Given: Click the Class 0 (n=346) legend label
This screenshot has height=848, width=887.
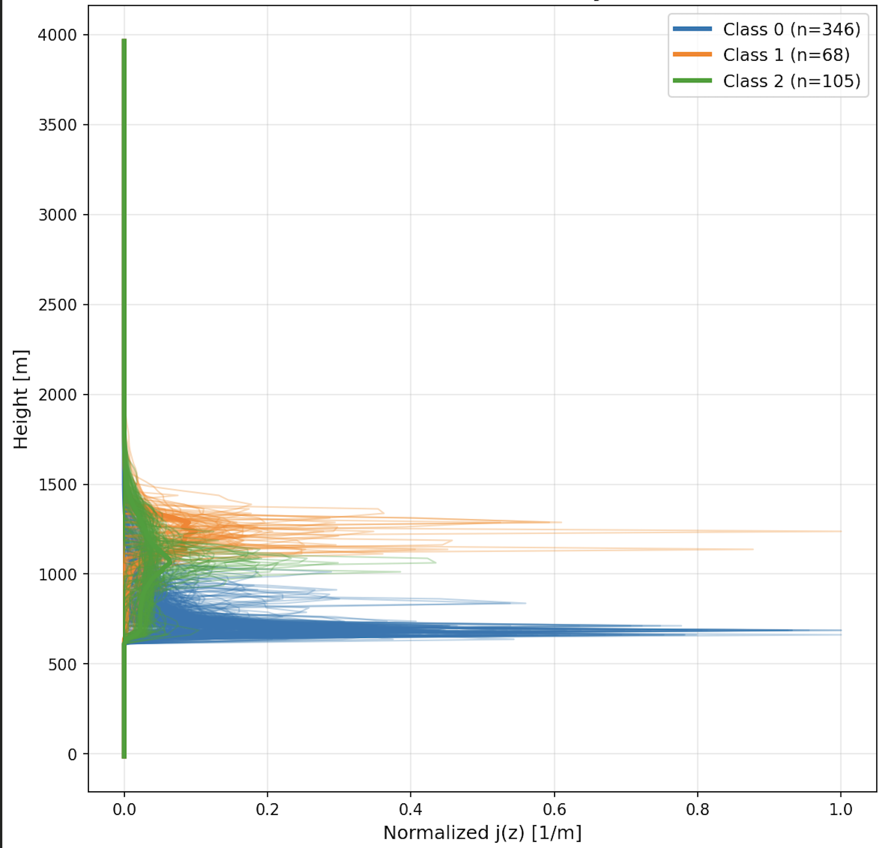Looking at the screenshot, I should (791, 29).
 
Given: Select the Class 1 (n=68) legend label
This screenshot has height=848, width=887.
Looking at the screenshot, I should (786, 55).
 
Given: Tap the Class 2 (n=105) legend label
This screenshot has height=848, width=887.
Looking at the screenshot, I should (791, 81).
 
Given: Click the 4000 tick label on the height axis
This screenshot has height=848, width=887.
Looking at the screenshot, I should (57, 35).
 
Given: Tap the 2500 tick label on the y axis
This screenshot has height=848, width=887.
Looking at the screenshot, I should (57, 305).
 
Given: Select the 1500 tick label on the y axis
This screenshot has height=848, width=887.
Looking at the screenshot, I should (57, 485).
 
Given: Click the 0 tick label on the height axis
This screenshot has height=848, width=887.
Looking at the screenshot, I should (72, 754).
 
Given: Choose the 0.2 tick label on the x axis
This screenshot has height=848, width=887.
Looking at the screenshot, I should (267, 809).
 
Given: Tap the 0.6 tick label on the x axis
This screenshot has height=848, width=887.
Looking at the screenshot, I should (554, 809).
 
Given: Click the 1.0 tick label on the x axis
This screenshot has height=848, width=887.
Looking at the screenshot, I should (841, 809).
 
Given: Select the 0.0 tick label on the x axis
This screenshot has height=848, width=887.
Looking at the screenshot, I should (124, 809).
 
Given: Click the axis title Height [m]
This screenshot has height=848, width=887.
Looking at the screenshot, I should (21, 399).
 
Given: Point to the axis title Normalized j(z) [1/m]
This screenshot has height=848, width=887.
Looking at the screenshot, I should (482, 833).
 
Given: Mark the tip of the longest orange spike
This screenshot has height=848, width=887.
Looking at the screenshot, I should (841, 531).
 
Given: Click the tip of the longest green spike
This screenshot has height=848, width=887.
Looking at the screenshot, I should (435, 562).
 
